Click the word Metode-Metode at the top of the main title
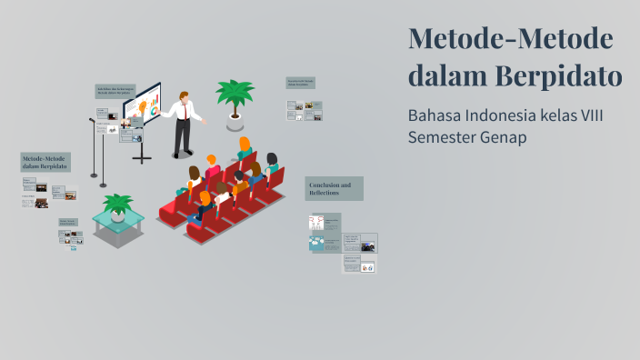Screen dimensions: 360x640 coord(510,39)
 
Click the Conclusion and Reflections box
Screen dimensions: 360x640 coord(334,188)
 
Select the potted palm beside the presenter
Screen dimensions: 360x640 coord(235,95)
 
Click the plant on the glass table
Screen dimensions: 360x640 coord(118,204)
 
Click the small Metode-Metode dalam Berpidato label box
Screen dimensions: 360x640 coord(45,163)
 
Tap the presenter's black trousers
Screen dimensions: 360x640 coord(183,136)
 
